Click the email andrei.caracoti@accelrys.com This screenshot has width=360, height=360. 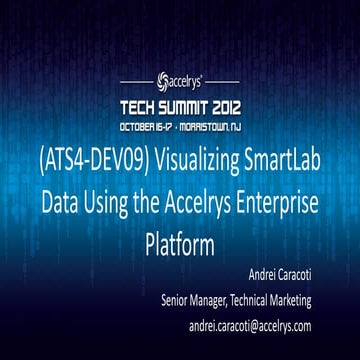point(264,326)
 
